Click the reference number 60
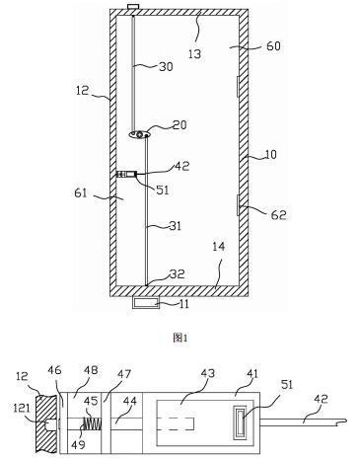273,45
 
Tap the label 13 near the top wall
194,54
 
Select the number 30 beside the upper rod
166,67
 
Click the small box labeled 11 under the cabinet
146,302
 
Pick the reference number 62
279,215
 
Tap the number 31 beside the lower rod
175,226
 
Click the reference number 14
219,247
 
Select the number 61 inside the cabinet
81,192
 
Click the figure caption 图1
180,338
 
